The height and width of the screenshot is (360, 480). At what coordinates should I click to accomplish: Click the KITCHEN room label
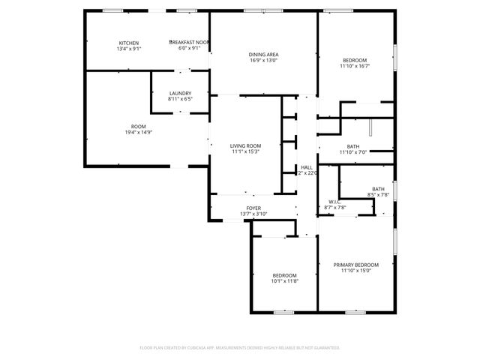(128, 43)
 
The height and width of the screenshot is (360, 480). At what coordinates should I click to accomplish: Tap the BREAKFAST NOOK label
(188, 43)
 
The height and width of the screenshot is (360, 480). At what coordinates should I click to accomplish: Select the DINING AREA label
(264, 55)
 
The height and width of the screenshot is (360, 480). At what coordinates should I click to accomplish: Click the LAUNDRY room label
(180, 93)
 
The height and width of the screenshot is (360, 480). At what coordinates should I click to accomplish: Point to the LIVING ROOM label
(245, 145)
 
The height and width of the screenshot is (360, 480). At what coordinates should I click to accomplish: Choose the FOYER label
(253, 208)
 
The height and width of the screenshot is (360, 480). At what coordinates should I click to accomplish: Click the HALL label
(307, 167)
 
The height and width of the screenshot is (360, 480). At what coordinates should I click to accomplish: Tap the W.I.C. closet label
(335, 202)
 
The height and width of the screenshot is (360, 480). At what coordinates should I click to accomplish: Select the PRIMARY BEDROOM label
(356, 265)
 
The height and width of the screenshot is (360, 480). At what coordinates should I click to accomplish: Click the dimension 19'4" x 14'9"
(138, 132)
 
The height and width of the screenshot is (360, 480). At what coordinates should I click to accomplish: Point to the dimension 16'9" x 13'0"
(264, 61)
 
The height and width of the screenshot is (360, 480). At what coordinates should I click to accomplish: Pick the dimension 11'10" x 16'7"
(355, 66)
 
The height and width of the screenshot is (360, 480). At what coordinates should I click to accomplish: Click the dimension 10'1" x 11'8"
(284, 281)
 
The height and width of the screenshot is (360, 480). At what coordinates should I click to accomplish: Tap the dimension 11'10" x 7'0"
(352, 152)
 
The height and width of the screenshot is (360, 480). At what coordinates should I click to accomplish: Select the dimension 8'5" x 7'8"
(378, 195)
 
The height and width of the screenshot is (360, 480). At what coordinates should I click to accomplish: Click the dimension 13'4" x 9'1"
(128, 49)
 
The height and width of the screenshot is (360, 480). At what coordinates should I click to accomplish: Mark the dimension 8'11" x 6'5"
(180, 99)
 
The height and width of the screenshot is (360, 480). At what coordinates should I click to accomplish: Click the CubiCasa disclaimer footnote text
(240, 348)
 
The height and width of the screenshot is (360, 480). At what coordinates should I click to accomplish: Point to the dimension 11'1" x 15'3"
(245, 151)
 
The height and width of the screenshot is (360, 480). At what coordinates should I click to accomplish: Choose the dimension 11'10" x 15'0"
(356, 271)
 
